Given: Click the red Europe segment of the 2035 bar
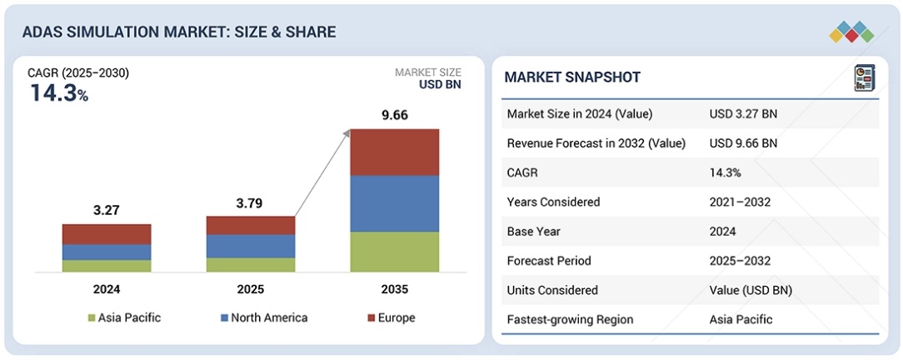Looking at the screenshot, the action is (x=395, y=152).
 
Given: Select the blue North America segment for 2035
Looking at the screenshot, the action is (x=395, y=204).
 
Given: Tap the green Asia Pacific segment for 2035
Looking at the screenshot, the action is (x=395, y=252).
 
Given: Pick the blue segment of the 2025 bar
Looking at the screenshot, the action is (x=251, y=246).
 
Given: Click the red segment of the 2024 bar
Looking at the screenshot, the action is (x=107, y=234).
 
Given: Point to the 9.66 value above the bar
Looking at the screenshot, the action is (x=395, y=115).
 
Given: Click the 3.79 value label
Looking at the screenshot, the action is (x=251, y=202).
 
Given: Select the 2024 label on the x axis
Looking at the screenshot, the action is (x=107, y=289).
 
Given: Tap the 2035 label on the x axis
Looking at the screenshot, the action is (x=395, y=289).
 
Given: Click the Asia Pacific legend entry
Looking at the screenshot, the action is (x=124, y=318).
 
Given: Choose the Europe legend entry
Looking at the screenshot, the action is (x=392, y=318).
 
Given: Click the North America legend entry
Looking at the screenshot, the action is (x=264, y=318).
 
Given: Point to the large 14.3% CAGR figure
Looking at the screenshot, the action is (x=59, y=93).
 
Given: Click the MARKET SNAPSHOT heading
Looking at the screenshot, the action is (x=572, y=77).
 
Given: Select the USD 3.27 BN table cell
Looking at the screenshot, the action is (x=744, y=114).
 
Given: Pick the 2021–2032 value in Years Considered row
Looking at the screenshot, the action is (x=740, y=202).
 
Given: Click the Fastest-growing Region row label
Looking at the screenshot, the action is (x=570, y=320).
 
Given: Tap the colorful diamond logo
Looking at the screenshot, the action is (x=851, y=32).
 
